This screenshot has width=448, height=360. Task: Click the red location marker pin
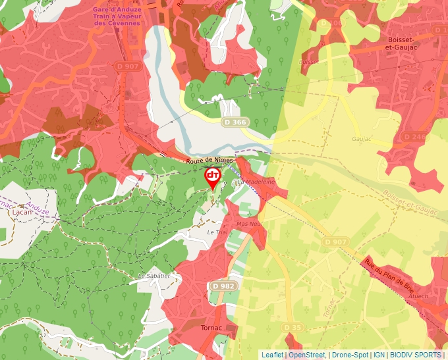pyautogui.click(x=213, y=177)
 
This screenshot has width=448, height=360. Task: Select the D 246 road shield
pyautogui.click(x=415, y=137)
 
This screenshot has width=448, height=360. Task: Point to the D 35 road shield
pyautogui.click(x=293, y=327)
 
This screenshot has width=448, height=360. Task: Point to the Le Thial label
pyautogui.click(x=216, y=232)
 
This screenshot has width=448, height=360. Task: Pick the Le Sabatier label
pyautogui.click(x=154, y=276)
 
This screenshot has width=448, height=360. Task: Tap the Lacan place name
pyautogui.click(x=22, y=213)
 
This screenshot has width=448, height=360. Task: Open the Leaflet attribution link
pyautogui.click(x=272, y=355)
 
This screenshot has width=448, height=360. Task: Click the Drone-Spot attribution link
pyautogui.click(x=349, y=355)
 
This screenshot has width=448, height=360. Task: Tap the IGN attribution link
pyautogui.click(x=379, y=355)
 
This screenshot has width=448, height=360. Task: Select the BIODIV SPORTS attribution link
pyautogui.click(x=415, y=355)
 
